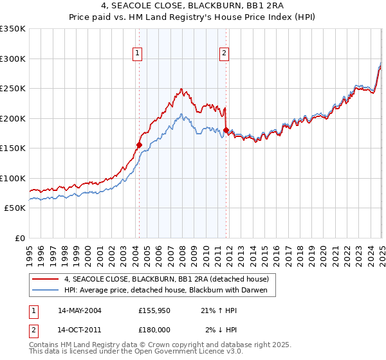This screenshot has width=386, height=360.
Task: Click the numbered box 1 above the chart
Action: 138,54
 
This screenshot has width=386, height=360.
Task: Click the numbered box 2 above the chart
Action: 225,54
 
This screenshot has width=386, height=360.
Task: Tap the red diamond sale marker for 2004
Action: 139,145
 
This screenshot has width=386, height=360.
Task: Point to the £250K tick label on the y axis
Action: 13,89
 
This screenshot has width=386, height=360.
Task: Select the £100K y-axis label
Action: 13,178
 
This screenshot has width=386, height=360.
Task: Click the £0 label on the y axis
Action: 19,238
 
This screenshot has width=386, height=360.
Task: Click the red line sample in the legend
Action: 45,278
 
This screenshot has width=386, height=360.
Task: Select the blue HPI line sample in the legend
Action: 45,291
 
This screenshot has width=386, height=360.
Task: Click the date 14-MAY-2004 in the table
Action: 79,310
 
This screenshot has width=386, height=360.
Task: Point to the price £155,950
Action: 154,310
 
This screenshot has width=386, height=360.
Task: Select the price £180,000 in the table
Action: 154,329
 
